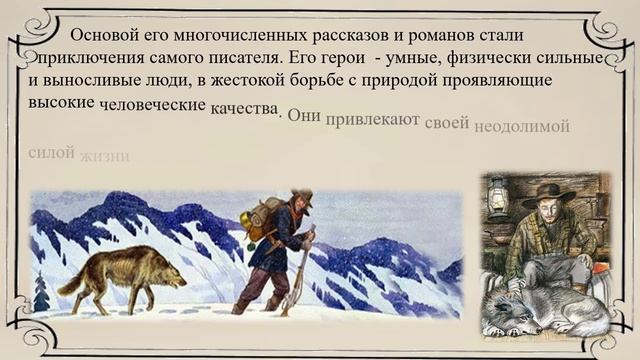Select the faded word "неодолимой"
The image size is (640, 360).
coord(522,127)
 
